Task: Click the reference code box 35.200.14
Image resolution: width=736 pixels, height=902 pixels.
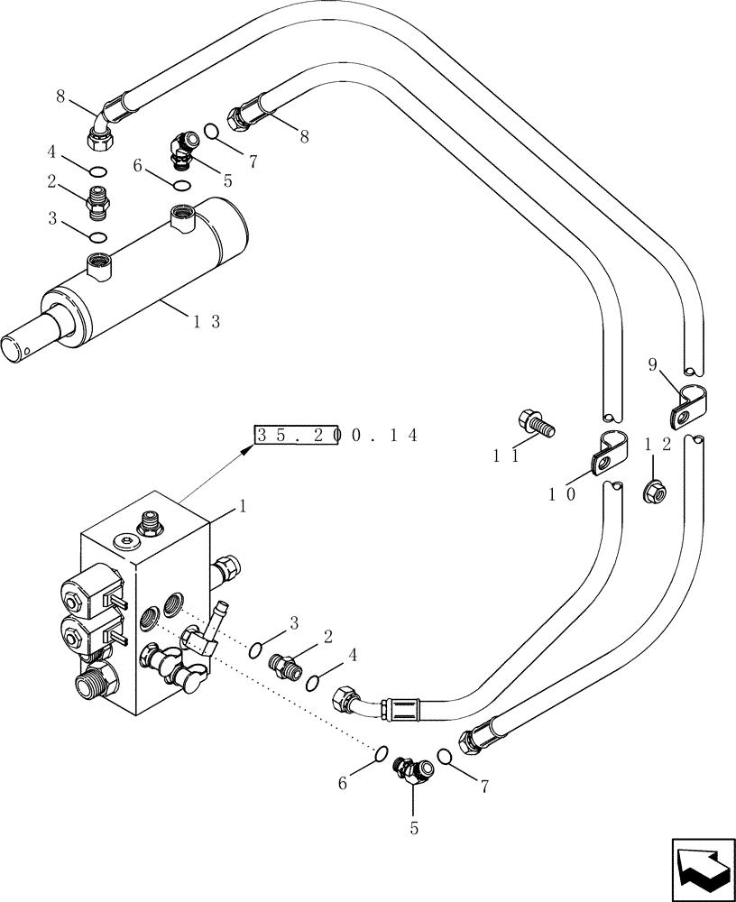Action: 297,435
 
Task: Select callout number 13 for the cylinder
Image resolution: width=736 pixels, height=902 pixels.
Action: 207,320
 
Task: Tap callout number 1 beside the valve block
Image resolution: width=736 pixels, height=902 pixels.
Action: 241,507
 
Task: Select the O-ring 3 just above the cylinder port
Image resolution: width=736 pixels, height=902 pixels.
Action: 97,236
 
